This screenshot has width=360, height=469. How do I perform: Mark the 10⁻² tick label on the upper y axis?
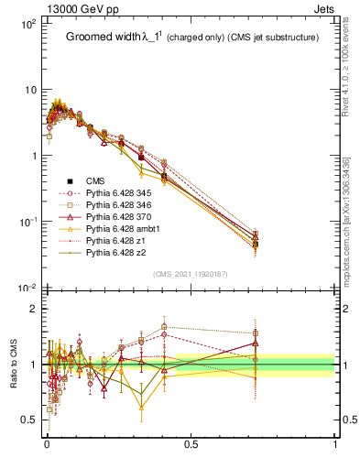click(27, 289)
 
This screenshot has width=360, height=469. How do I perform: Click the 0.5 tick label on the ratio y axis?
click(28, 420)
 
